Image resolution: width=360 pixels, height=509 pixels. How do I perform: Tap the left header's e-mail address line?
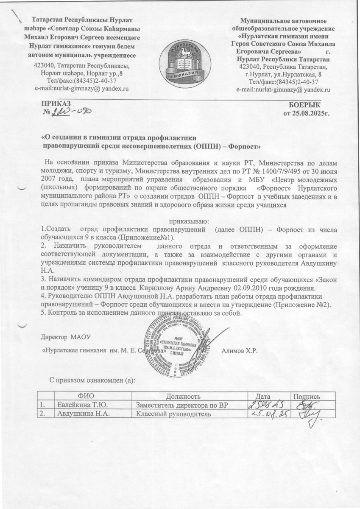tap(81, 88)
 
